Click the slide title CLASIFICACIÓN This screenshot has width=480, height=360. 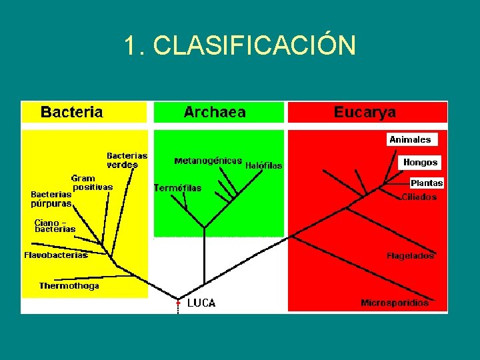click(239, 45)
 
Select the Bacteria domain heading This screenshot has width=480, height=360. click(72, 112)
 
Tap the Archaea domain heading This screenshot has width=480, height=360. click(215, 112)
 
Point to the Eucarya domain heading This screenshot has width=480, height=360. click(365, 112)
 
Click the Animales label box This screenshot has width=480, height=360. click(411, 139)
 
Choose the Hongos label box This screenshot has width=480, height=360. click(420, 162)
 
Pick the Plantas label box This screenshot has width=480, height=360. click(427, 183)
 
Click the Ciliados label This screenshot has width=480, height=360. click(419, 197)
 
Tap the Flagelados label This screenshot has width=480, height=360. click(410, 255)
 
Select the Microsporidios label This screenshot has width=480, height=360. click(395, 303)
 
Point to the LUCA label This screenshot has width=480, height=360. click(201, 303)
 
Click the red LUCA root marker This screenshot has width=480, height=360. click(178, 303)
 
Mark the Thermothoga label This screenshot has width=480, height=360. click(69, 286)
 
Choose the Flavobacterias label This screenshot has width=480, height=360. click(56, 255)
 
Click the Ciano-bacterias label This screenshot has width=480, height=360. click(55, 225)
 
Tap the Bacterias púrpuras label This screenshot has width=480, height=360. click(51, 199)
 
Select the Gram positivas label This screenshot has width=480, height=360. click(91, 183)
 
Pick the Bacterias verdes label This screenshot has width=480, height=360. click(127, 160)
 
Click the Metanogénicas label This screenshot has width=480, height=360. click(208, 161)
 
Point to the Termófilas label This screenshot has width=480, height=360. click(177, 188)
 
